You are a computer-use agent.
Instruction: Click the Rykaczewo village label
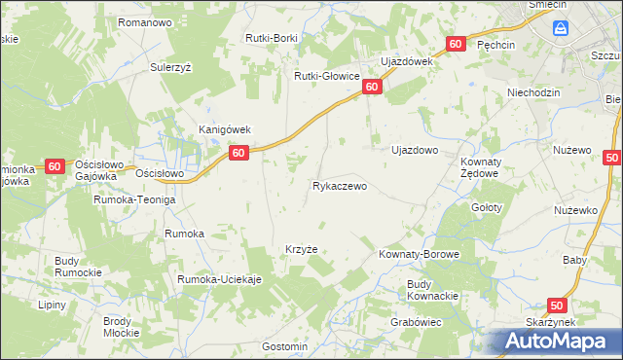(x=340, y=186)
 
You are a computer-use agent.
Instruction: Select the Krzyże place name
(x=301, y=249)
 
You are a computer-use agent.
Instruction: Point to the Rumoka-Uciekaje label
(x=220, y=280)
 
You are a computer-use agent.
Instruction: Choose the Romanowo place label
(x=144, y=21)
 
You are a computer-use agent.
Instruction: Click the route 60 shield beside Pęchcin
(x=456, y=45)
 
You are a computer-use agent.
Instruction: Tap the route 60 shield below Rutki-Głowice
(x=372, y=88)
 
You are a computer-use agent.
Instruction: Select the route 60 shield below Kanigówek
(x=239, y=153)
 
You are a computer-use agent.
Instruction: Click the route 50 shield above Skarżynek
(x=557, y=306)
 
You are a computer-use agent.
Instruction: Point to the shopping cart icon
(x=562, y=29)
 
